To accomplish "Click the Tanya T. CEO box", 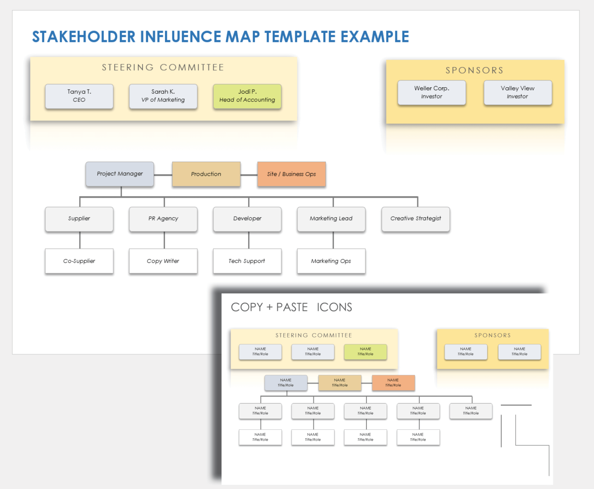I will pyautogui.click(x=79, y=96).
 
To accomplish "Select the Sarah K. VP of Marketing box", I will pyautogui.click(x=163, y=96).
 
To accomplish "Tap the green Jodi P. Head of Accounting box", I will pyautogui.click(x=247, y=96).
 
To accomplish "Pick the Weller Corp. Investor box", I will pyautogui.click(x=432, y=92).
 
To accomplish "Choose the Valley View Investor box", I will pyautogui.click(x=518, y=92).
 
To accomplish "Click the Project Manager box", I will pyautogui.click(x=120, y=174).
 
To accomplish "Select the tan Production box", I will pyautogui.click(x=206, y=174).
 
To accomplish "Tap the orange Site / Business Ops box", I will pyautogui.click(x=292, y=174).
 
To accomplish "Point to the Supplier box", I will pyautogui.click(x=79, y=219).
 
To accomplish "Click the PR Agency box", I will pyautogui.click(x=163, y=219).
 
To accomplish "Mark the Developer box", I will pyautogui.click(x=247, y=219).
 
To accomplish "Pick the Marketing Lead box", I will pyautogui.click(x=331, y=219).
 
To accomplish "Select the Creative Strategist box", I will pyautogui.click(x=416, y=219).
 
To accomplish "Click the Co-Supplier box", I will pyautogui.click(x=79, y=261).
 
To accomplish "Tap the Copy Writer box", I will pyautogui.click(x=163, y=261).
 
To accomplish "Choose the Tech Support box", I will pyautogui.click(x=247, y=261).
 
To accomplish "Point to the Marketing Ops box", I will pyautogui.click(x=331, y=261).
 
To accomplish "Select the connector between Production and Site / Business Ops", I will pyautogui.click(x=249, y=175).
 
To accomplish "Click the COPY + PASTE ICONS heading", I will pyautogui.click(x=292, y=307).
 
